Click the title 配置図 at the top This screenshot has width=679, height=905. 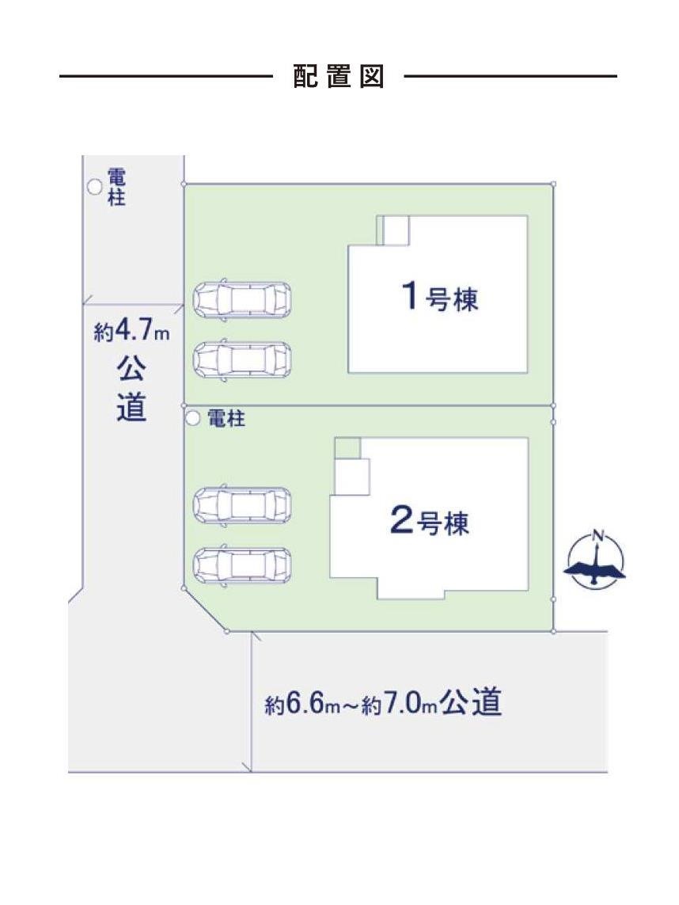[339, 77]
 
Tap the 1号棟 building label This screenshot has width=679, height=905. [440, 298]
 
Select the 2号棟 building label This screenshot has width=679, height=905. [430, 523]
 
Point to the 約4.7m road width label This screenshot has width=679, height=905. [132, 331]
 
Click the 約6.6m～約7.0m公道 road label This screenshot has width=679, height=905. [384, 702]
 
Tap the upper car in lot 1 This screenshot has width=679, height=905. [243, 299]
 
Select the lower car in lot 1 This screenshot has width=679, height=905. [243, 359]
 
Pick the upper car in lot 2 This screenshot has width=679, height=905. [243, 504]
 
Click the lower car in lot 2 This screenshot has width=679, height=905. [243, 565]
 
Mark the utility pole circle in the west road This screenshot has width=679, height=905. [94, 187]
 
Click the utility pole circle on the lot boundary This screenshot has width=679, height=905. [190, 417]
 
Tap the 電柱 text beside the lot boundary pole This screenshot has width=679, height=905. [226, 419]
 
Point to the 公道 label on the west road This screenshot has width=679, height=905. [131, 388]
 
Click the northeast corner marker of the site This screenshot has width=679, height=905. [553, 184]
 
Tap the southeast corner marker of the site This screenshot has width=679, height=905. [553, 631]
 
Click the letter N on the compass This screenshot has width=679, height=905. [597, 535]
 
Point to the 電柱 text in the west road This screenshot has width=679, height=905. [116, 187]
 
